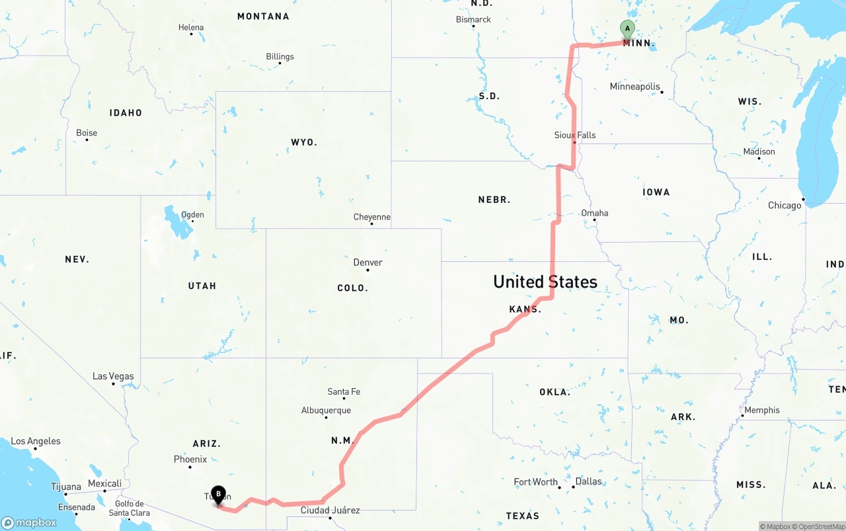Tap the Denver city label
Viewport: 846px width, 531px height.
pos(367,263)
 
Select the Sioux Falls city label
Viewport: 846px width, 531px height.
pos(574,135)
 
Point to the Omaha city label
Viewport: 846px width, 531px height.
pos(594,213)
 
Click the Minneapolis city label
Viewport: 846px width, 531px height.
pos(634,87)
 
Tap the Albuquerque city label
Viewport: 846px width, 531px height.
pos(326,411)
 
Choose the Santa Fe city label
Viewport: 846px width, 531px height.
pos(344,392)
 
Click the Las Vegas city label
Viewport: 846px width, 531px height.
pos(113,376)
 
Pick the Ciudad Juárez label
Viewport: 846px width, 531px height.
pos(330,511)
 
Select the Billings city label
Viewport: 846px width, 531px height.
pos(280,57)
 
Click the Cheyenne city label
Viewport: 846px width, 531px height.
pos(371,217)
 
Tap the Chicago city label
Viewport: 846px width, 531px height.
pos(785,206)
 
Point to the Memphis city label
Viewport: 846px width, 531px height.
pos(761,410)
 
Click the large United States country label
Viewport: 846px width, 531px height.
pos(545,282)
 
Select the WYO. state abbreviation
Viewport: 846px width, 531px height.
pos(304,142)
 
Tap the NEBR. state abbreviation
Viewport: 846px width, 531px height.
pos(494,200)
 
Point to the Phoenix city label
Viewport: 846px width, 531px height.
pos(190,460)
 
